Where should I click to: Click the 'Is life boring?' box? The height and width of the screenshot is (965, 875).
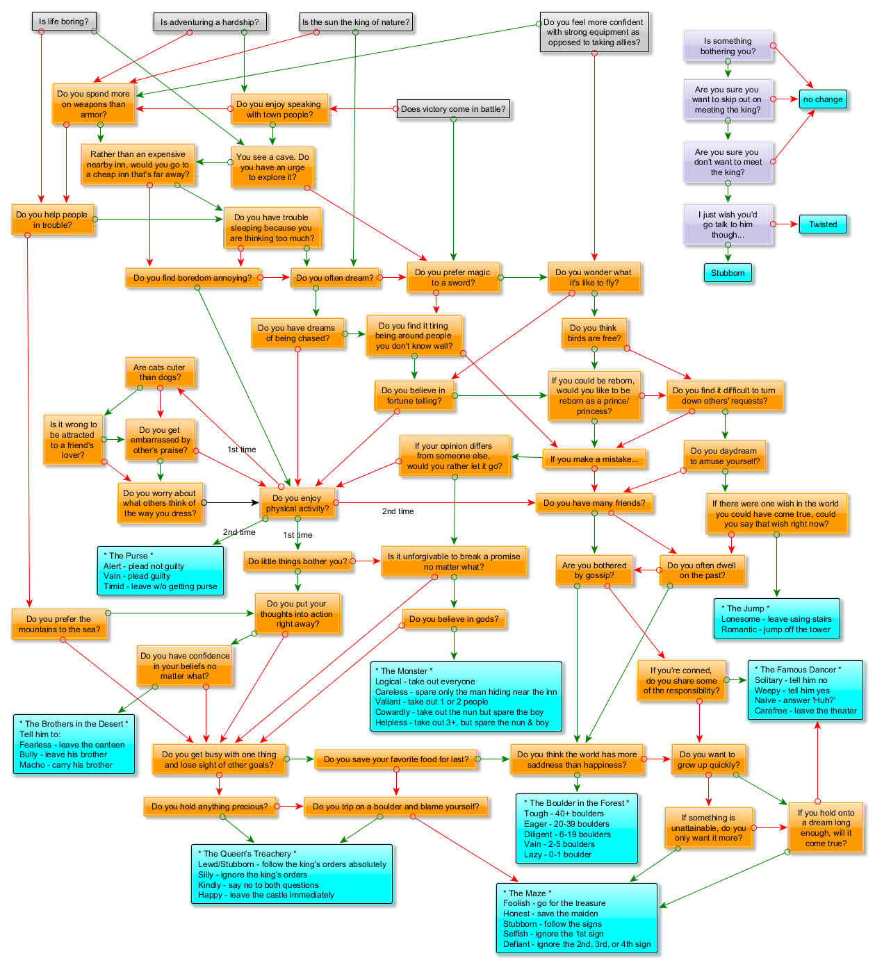(64, 22)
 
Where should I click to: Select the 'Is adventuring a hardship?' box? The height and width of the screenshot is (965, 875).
(209, 22)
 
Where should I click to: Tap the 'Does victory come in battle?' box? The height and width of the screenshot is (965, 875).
(453, 109)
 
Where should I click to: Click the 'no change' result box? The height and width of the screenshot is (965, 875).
(822, 99)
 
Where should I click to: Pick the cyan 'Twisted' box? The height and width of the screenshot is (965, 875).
(822, 224)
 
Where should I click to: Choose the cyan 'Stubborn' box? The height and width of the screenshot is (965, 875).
(727, 273)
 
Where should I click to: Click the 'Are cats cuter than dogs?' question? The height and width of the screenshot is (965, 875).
(159, 372)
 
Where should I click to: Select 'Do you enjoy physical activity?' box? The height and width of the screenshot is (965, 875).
(297, 503)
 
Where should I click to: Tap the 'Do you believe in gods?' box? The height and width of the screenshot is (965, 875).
(454, 619)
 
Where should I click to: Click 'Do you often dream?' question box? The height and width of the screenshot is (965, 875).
(334, 278)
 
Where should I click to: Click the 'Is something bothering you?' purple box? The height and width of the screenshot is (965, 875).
(727, 47)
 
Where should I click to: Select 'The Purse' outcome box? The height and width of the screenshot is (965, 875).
(160, 570)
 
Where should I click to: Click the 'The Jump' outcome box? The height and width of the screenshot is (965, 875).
(776, 618)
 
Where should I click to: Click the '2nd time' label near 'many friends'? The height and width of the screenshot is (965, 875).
(398, 511)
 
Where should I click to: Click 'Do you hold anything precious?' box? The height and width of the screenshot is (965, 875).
(209, 807)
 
